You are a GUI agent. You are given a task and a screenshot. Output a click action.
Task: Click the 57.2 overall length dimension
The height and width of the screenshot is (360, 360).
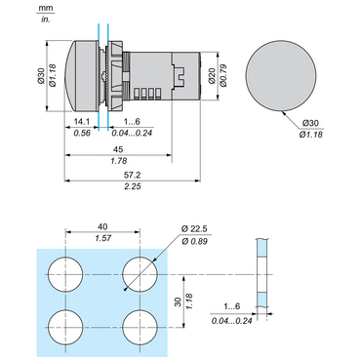click(132, 175)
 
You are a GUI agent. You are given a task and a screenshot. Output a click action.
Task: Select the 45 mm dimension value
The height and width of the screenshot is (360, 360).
click(118, 149)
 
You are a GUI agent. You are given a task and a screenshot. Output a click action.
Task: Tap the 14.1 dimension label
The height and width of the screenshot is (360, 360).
click(82, 122)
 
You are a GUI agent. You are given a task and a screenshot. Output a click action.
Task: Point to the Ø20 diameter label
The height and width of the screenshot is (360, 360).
click(212, 76)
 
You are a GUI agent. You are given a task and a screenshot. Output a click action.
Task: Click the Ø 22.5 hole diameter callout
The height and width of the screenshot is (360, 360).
click(194, 229)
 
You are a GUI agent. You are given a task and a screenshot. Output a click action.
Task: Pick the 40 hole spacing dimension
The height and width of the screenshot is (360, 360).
click(102, 226)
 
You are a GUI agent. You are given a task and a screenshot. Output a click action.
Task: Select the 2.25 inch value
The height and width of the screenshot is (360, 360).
click(133, 186)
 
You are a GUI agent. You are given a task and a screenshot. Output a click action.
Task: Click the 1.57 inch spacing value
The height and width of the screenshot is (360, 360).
click(103, 238)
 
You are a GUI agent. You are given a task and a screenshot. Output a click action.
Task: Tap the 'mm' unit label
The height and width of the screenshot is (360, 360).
click(45, 8)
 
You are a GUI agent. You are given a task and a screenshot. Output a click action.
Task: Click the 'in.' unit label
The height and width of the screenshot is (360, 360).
click(45, 20)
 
